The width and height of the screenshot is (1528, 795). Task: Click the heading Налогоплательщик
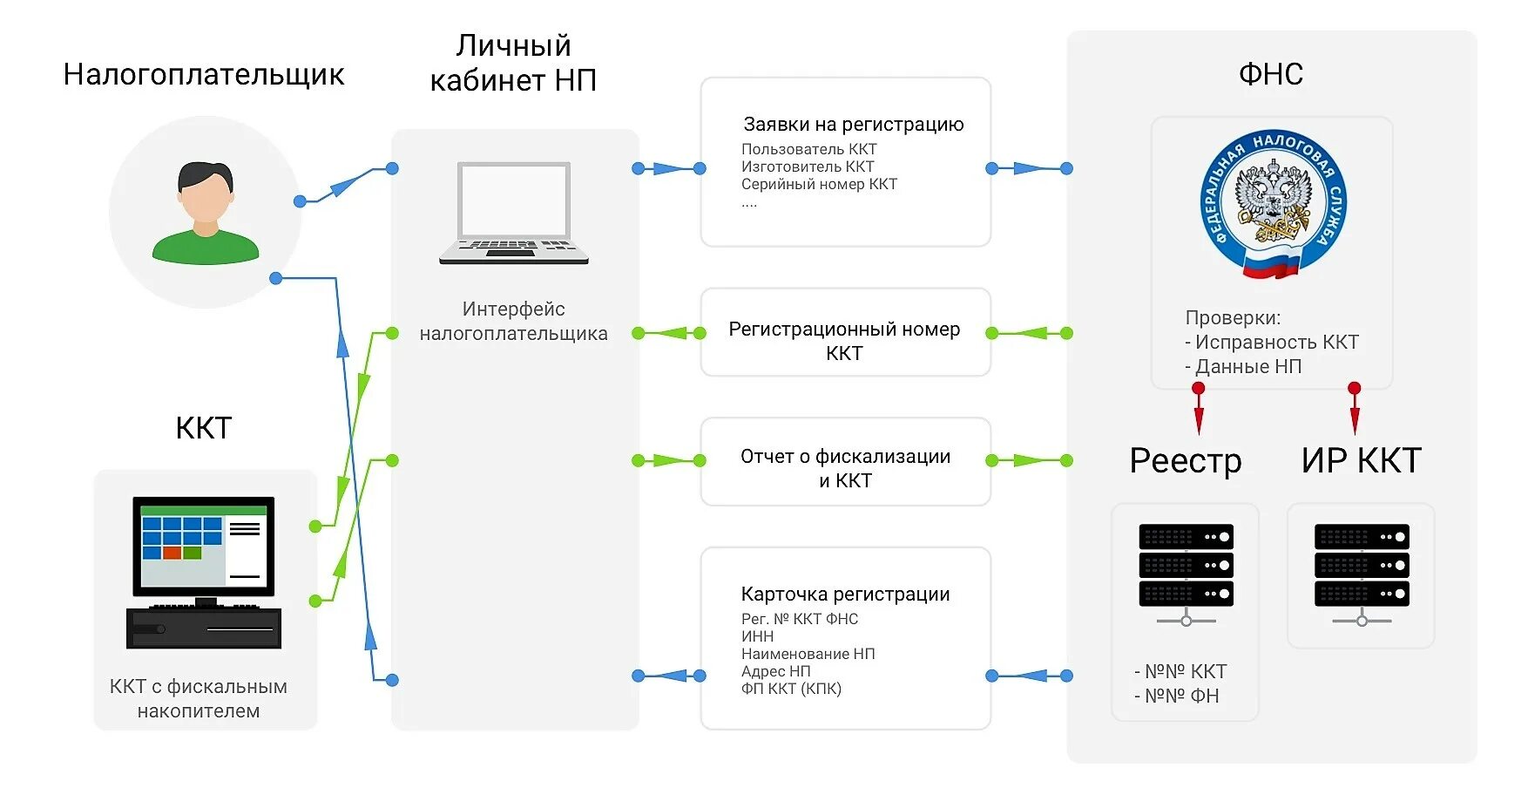[x=204, y=75]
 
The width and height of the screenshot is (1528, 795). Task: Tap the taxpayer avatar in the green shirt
[x=206, y=213]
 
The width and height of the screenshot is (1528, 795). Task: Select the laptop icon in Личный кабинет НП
[x=514, y=213]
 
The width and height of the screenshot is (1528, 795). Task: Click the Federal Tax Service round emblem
[x=1273, y=205]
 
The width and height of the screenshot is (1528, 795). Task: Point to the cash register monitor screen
[x=204, y=546]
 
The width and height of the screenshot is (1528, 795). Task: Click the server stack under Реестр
[x=1186, y=567]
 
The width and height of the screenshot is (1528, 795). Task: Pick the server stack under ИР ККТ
[x=1362, y=567]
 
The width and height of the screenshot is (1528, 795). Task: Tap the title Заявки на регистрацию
[x=853, y=125]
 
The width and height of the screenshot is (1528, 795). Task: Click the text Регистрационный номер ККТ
[x=844, y=341]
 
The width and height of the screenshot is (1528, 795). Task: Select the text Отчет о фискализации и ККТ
[x=845, y=468]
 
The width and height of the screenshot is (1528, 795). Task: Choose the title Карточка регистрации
[x=845, y=595]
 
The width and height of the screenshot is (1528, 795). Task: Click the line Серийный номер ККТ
[x=819, y=185]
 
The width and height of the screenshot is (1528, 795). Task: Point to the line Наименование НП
[x=808, y=654]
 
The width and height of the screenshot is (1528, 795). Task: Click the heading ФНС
[x=1271, y=75]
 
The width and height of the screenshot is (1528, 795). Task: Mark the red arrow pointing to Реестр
[x=1199, y=411]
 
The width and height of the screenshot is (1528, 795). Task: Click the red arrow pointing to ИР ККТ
[x=1354, y=411]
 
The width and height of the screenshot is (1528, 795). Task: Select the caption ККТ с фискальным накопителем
[x=199, y=698]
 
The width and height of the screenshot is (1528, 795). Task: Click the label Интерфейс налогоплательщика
[x=513, y=321]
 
